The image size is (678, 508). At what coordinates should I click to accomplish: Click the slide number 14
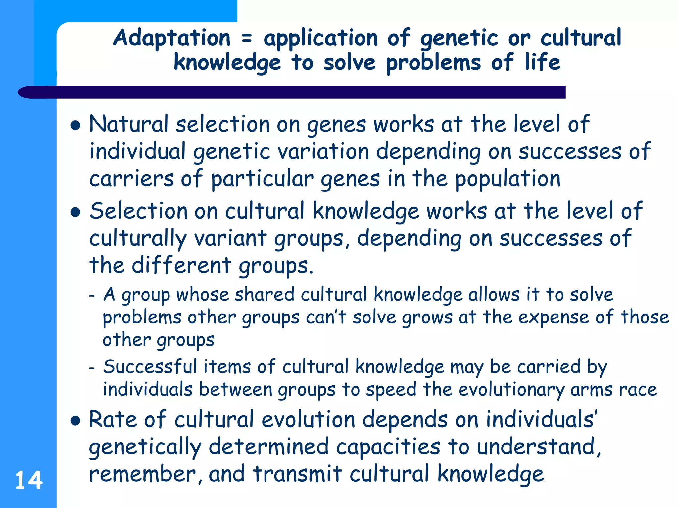(x=29, y=480)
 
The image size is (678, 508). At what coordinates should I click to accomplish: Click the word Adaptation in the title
(x=172, y=38)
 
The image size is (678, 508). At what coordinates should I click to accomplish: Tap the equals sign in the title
(x=247, y=39)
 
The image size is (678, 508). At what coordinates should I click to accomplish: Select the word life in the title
(x=542, y=62)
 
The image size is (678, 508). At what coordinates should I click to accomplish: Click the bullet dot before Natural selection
(x=76, y=126)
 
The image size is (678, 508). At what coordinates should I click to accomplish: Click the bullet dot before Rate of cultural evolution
(x=76, y=421)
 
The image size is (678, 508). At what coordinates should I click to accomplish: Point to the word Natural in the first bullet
(x=129, y=124)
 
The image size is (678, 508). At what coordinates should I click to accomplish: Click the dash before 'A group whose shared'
(x=92, y=295)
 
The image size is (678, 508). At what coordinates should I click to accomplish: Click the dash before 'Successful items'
(x=92, y=367)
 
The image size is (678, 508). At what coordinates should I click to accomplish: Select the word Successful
(x=150, y=367)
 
